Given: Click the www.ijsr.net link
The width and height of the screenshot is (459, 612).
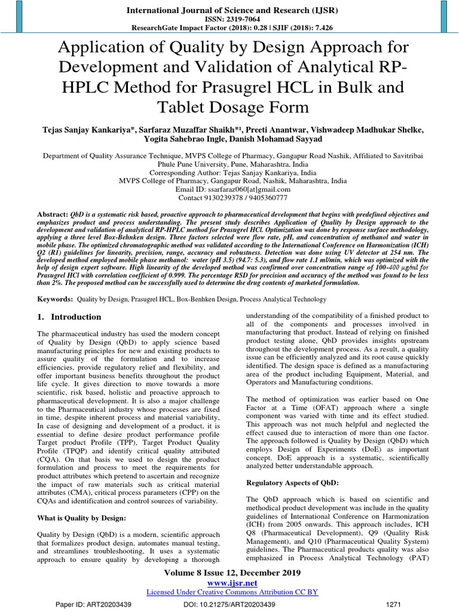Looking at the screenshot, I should click(231, 582).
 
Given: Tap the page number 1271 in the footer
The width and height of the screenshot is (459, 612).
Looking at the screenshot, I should click(394, 604).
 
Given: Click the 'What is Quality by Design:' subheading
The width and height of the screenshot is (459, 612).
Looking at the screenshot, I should click(82, 517).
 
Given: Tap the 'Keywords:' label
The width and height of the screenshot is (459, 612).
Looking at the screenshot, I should click(56, 298).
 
